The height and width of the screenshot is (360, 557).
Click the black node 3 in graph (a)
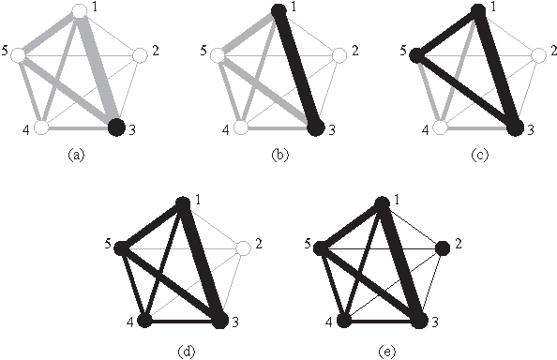pyautogui.click(x=116, y=127)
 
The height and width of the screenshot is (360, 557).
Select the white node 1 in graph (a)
pyautogui.click(x=81, y=10)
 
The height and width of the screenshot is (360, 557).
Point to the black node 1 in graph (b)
pyautogui.click(x=278, y=10)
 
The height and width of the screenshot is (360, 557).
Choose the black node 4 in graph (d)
pyautogui.click(x=144, y=321)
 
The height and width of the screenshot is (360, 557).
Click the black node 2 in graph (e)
pyautogui.click(x=442, y=248)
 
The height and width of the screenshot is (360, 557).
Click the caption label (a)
pyautogui.click(x=78, y=157)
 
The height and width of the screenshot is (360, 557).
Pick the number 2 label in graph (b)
pyautogui.click(x=354, y=49)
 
